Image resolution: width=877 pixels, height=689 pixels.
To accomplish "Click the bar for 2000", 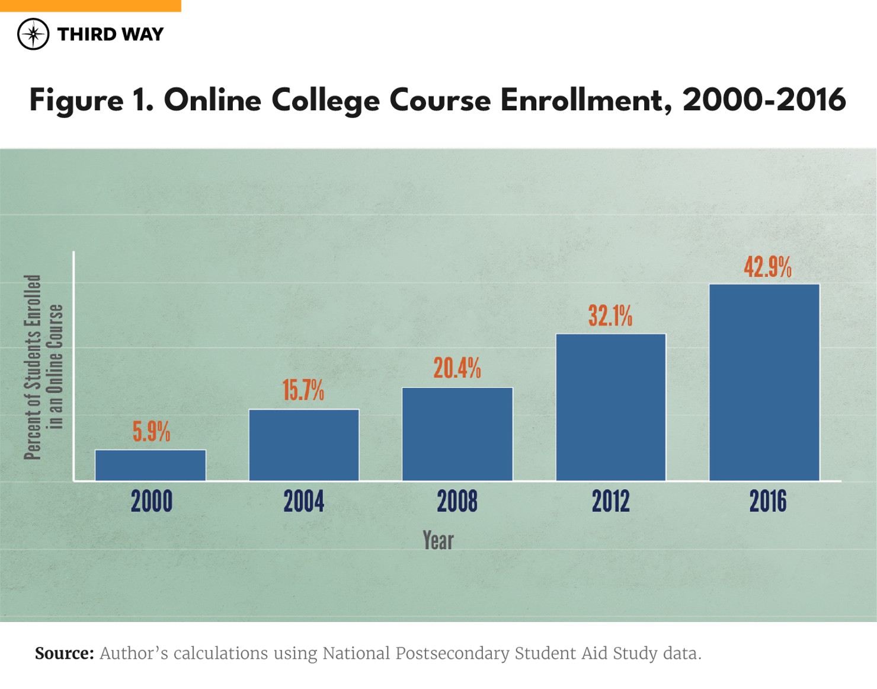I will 151,465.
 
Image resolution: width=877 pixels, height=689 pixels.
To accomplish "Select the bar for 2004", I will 304,445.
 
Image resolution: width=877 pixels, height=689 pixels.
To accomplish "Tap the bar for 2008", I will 457,434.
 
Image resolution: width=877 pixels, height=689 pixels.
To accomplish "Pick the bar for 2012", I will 611,407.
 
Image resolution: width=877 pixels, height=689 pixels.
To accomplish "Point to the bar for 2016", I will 764,382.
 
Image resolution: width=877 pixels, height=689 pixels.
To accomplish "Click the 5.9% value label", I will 151,432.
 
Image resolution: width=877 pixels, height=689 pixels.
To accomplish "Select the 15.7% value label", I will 303,391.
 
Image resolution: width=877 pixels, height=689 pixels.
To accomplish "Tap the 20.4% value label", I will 457,368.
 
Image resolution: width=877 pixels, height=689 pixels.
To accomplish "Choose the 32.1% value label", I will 610,315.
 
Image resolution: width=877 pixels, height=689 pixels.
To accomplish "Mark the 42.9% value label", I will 767,267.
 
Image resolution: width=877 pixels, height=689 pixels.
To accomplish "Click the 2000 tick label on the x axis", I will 152,502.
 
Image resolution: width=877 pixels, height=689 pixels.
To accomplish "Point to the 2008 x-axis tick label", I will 457,502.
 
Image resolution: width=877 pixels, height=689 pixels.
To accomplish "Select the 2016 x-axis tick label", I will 768,502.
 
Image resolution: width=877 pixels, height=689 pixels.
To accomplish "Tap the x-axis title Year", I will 438,541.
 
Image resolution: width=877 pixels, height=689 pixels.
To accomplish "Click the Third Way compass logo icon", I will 33,34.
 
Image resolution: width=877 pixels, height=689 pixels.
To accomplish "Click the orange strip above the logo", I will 90,5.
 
